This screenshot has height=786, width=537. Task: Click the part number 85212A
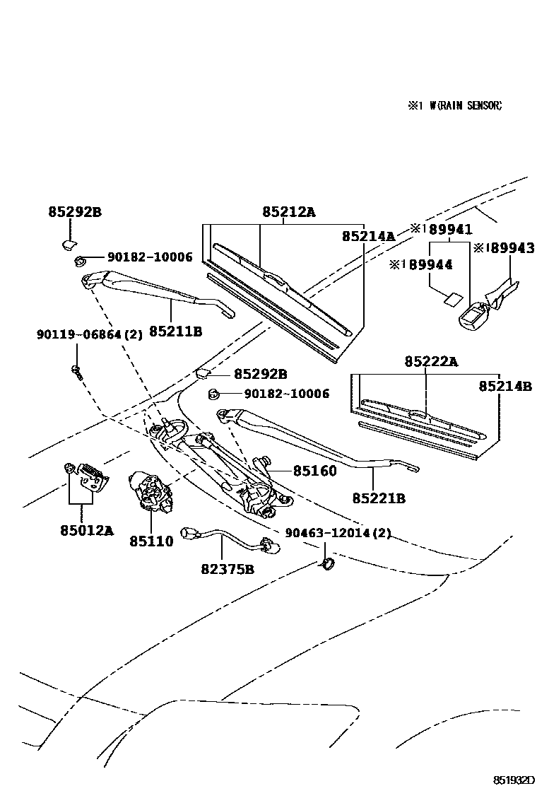tap(288, 211)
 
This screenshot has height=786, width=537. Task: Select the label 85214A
tap(368, 236)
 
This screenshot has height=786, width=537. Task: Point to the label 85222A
tap(430, 362)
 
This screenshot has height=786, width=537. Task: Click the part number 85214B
tap(504, 386)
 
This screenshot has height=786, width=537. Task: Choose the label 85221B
tap(379, 498)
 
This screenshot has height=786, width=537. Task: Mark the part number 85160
tap(315, 471)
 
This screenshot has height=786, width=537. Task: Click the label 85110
tap(151, 541)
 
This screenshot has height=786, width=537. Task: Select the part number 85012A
tap(86, 530)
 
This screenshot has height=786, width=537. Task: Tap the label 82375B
tap(228, 568)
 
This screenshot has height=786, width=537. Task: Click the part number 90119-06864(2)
tap(89, 334)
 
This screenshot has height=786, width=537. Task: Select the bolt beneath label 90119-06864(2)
tap(76, 370)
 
